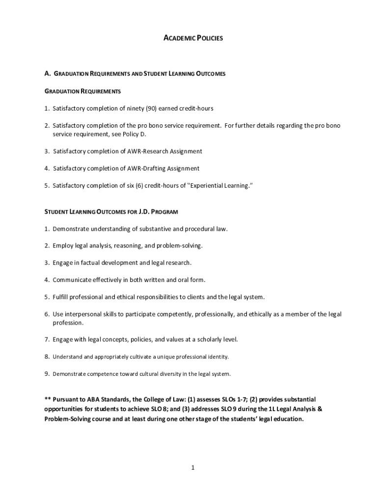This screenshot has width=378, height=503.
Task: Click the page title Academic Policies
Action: click(193, 38)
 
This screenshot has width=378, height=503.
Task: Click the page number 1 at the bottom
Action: click(193, 468)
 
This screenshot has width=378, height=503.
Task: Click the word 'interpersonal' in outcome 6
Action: click(83, 314)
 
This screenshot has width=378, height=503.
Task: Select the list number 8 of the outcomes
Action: click(47, 357)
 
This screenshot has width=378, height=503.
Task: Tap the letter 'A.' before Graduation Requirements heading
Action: click(47, 74)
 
